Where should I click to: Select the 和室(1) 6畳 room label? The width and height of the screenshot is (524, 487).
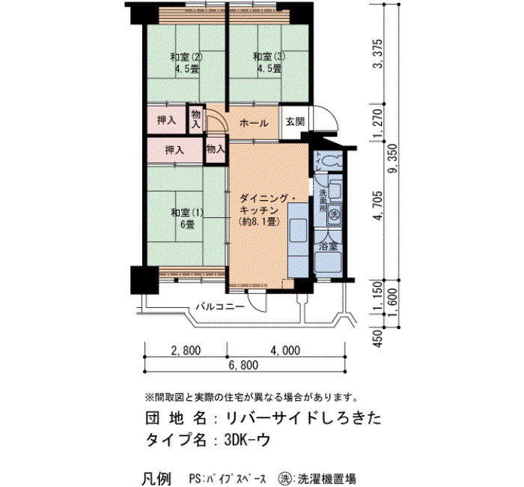187,219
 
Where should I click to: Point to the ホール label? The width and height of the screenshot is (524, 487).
254,123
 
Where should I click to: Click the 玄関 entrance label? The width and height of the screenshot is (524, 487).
296,121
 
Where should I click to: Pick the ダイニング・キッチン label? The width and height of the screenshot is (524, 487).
267,210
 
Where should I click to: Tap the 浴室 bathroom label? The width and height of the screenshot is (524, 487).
328,246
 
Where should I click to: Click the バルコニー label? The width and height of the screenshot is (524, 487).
220,306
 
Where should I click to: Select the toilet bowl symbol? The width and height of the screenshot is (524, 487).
333,160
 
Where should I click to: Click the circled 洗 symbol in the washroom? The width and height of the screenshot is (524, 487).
333,214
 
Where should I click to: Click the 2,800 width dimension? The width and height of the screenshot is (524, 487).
186,351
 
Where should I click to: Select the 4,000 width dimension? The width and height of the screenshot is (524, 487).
285,351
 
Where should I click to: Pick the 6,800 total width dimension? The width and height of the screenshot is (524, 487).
243,365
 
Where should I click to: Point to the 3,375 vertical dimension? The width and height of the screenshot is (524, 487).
378,54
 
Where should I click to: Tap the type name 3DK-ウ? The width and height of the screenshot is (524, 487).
246,441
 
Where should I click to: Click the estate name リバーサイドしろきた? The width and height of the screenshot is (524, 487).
303,418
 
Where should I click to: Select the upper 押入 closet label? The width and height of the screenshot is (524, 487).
166,120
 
